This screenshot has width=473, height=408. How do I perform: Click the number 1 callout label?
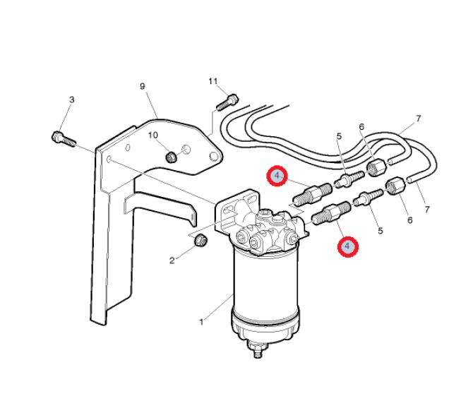click(x=201, y=322)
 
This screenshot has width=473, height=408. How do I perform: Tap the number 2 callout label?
click(x=172, y=260)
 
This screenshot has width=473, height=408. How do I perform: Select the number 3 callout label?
click(x=71, y=100)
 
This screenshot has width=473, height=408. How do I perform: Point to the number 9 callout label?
click(x=143, y=86)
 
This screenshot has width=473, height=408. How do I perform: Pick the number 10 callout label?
click(x=153, y=135)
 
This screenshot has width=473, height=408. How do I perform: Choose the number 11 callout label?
click(x=213, y=81)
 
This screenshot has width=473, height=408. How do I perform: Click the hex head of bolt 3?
click(x=57, y=137)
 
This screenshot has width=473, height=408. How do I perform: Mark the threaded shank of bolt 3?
click(x=70, y=141)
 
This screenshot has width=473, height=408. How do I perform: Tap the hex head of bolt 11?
click(x=232, y=99)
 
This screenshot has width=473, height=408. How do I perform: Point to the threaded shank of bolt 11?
click(x=222, y=105)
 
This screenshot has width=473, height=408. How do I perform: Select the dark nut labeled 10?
click(x=172, y=157)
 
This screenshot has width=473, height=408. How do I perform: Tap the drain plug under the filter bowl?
click(x=257, y=350)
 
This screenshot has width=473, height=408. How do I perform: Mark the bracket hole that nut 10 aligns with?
click(x=186, y=149)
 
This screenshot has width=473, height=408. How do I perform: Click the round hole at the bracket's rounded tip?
click(x=214, y=157)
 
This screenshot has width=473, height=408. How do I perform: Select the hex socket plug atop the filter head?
click(x=265, y=214)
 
